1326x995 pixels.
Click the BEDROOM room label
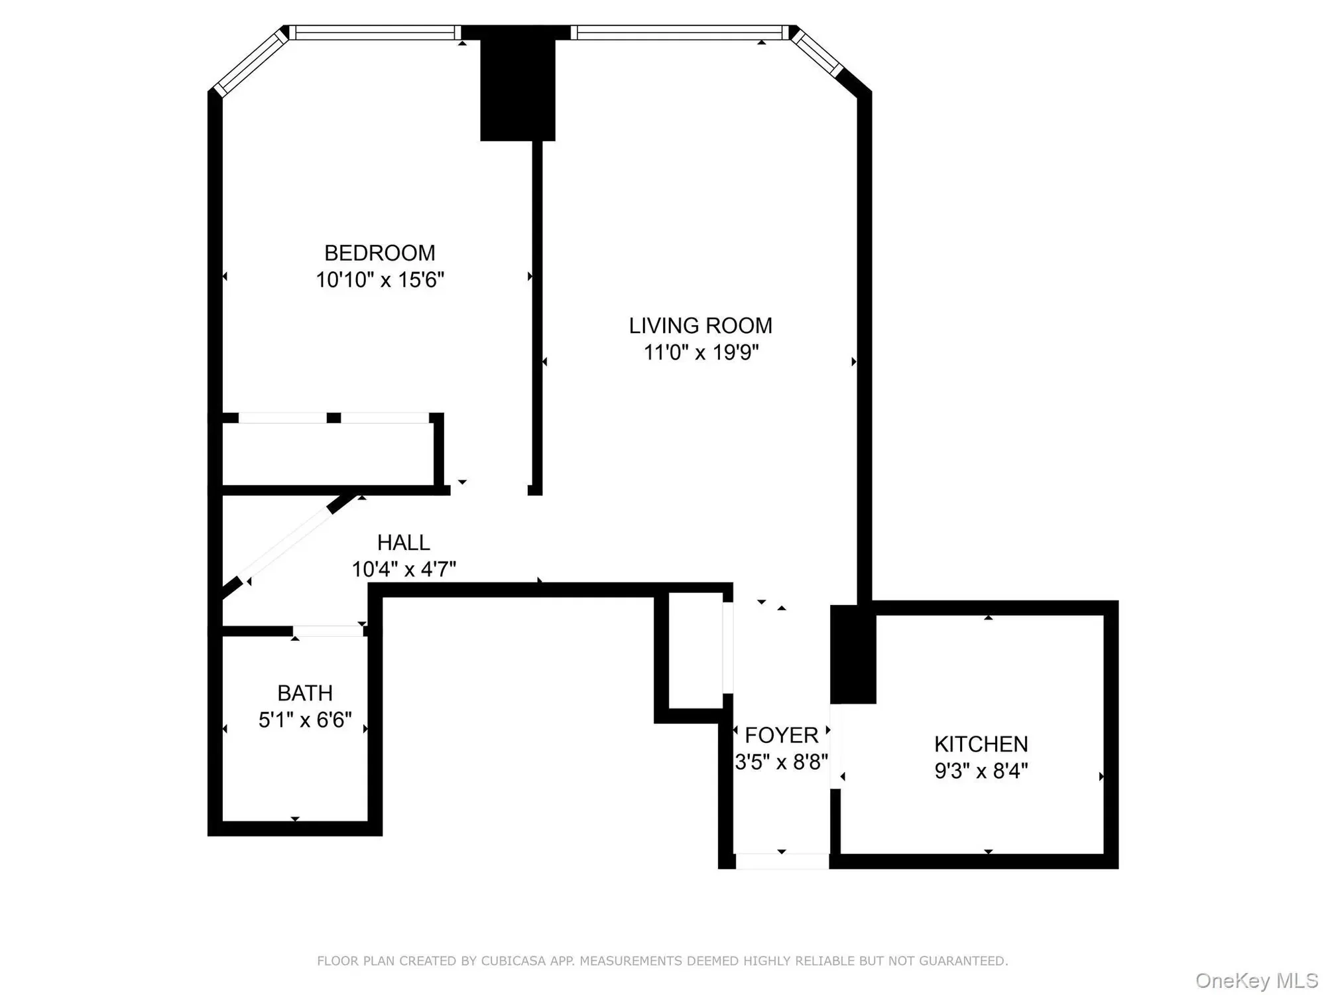pyautogui.click(x=379, y=253)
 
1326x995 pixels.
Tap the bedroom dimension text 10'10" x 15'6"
pyautogui.click(x=379, y=280)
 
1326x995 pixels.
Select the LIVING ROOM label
pyautogui.click(x=701, y=326)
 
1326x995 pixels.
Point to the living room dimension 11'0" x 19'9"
pyautogui.click(x=701, y=352)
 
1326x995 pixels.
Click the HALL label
pyautogui.click(x=403, y=543)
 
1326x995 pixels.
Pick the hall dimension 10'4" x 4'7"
pyautogui.click(x=403, y=569)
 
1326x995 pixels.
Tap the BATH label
pyautogui.click(x=305, y=693)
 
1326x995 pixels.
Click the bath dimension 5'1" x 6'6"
pyautogui.click(x=305, y=720)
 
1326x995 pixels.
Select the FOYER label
pyautogui.click(x=782, y=735)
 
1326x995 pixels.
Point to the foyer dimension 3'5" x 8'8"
pyautogui.click(x=782, y=762)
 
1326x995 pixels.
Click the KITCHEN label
pyautogui.click(x=981, y=744)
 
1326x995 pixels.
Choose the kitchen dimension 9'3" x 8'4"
pyautogui.click(x=981, y=771)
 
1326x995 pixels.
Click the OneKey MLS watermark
pyautogui.click(x=1257, y=980)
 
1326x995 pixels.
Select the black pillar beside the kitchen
pyautogui.click(x=853, y=654)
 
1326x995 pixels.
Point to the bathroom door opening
pyautogui.click(x=328, y=631)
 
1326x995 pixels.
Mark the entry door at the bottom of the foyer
pyautogui.click(x=782, y=862)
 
